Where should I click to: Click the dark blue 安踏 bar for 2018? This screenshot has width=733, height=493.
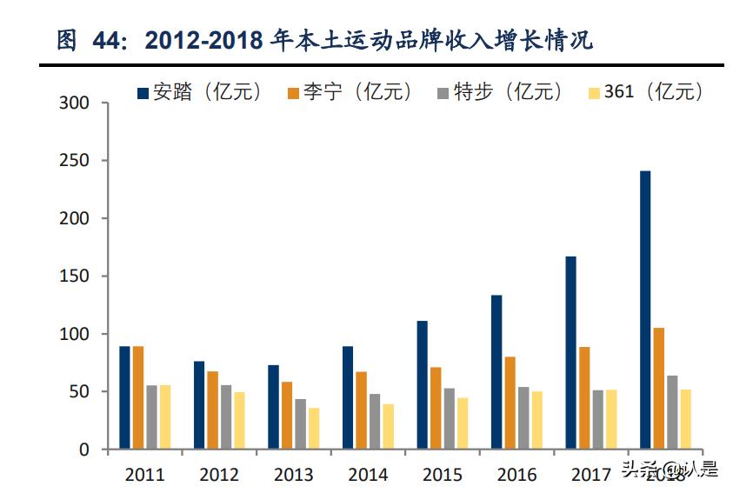[x=644, y=310]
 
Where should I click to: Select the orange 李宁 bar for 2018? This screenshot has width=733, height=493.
[x=658, y=389]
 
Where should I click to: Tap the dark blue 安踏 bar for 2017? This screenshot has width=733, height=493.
[x=570, y=353]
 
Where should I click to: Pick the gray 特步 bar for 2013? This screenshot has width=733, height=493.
[x=300, y=424]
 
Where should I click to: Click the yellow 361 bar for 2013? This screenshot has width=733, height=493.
[x=314, y=429]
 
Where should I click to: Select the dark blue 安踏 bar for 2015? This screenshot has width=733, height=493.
[x=422, y=385]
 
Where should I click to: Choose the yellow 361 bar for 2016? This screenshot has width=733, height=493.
[x=536, y=420]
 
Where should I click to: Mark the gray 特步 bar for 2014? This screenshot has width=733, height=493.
[x=375, y=422]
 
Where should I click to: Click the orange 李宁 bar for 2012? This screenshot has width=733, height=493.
[x=213, y=410]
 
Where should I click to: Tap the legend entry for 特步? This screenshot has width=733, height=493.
[x=501, y=92]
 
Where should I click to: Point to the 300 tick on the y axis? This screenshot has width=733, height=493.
[x=74, y=103]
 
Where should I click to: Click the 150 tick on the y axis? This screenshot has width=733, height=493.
[x=74, y=276]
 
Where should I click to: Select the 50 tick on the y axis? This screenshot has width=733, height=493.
[x=79, y=392]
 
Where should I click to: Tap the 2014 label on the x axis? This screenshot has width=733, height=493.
[x=368, y=475]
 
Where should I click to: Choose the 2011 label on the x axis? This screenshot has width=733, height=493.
[x=144, y=475]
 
